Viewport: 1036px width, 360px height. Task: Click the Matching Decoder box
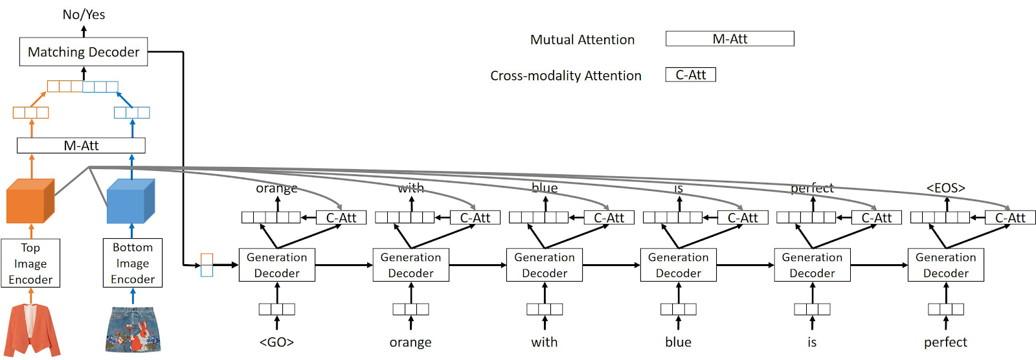click(84, 52)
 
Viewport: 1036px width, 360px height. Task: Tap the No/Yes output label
click(84, 14)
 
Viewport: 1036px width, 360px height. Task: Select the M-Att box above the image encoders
click(81, 146)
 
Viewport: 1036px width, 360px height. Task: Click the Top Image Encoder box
click(30, 264)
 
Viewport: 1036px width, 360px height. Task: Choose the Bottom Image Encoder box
click(133, 263)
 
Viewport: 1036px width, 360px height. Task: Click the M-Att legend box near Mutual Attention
click(730, 39)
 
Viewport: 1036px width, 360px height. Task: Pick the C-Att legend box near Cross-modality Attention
click(690, 75)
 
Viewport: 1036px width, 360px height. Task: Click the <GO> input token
click(276, 342)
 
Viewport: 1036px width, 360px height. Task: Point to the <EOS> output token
click(945, 188)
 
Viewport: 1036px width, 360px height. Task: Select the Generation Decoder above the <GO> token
click(276, 265)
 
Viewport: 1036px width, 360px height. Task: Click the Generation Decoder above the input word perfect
click(945, 265)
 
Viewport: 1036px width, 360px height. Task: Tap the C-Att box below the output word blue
click(609, 218)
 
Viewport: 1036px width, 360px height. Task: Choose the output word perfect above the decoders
click(812, 188)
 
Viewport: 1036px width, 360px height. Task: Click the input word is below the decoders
click(812, 342)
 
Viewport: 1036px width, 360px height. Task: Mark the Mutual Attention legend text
click(582, 39)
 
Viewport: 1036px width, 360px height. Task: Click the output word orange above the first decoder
click(276, 188)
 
